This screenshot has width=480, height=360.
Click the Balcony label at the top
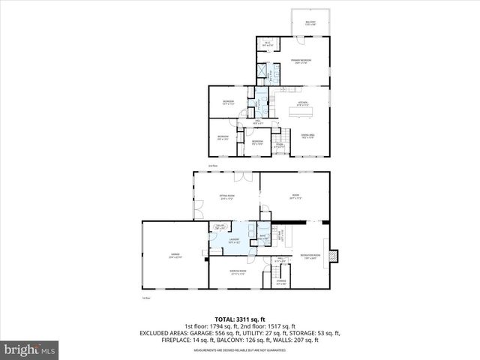coord(310,23)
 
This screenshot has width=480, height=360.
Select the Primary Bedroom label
coord(301,61)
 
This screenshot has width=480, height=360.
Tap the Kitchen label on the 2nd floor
coord(303,103)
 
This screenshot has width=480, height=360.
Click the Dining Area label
coord(307,136)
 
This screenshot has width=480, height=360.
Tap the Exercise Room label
coord(238,273)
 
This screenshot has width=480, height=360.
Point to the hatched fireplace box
coord(335,256)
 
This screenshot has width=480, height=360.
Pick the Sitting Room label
coord(228,197)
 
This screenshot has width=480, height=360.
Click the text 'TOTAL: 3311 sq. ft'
coord(240,319)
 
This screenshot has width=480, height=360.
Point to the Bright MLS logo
coord(30,349)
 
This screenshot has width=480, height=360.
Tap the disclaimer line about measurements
coord(240,349)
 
